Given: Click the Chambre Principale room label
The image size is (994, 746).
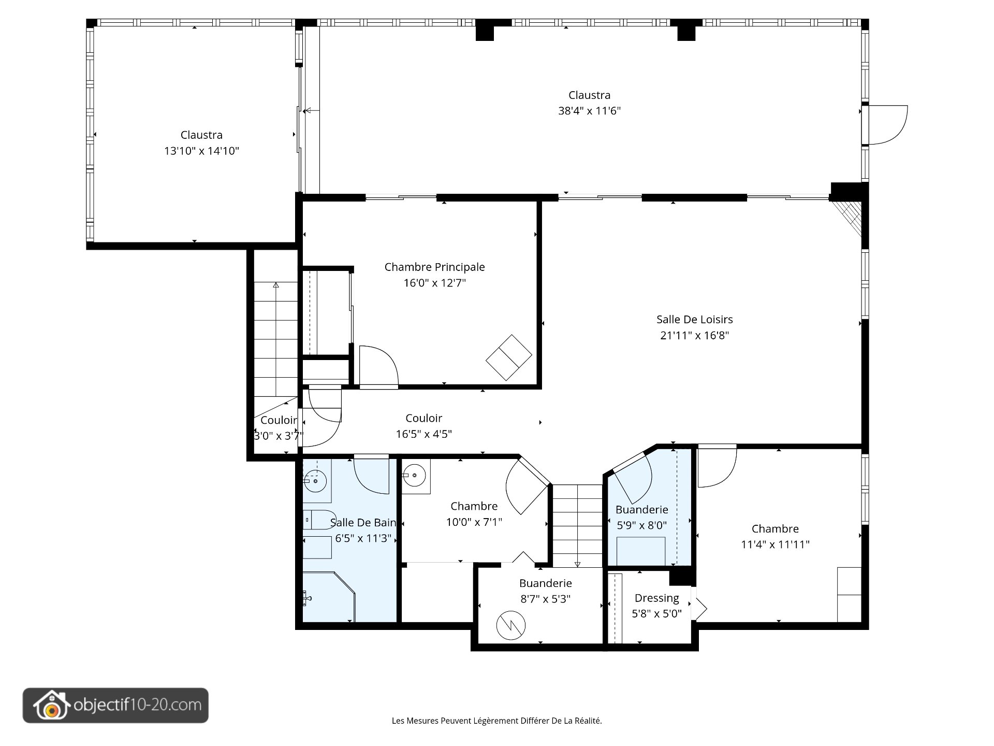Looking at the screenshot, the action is [x=434, y=267].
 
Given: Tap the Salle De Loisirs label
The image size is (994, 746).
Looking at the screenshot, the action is [x=694, y=320].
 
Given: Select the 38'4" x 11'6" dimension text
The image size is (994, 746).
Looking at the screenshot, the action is [x=589, y=111].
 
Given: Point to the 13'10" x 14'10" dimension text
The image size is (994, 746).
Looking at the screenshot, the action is [x=201, y=151].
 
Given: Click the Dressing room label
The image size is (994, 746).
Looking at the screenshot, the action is [x=656, y=598].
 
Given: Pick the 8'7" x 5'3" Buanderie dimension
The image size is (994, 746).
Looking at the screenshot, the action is [x=545, y=599].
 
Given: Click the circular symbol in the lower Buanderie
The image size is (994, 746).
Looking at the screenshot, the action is [x=510, y=625].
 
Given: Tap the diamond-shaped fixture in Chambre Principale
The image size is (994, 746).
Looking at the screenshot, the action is [x=508, y=357].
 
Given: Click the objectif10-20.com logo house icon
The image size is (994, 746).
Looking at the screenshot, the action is [x=51, y=706].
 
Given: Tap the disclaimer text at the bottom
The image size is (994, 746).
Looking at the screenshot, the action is [x=496, y=721].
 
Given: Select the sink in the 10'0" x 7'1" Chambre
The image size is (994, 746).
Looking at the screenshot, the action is [x=415, y=476].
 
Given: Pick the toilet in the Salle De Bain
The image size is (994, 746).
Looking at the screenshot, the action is [x=317, y=519].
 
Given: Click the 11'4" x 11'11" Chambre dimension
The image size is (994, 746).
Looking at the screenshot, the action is [x=775, y=544].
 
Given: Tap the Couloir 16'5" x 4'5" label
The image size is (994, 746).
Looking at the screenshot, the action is [x=423, y=426].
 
